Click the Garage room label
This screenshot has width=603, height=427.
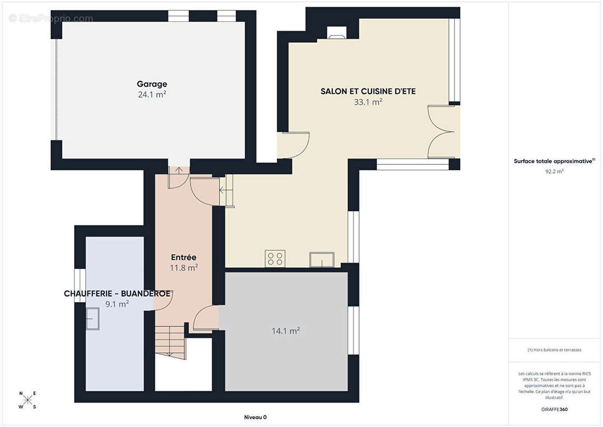pos(152,84)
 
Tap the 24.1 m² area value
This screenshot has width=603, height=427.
pos(152,94)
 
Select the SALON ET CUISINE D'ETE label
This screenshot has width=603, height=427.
pos(368,91)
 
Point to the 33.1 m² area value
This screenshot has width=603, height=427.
pos(368,101)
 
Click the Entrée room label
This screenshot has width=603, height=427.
pos(183,257)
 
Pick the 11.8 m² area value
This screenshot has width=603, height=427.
pos(184,267)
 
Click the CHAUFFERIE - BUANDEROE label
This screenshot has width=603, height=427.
pos(117,294)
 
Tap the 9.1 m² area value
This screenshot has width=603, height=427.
pos(117,304)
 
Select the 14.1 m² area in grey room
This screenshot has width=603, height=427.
pos(286,331)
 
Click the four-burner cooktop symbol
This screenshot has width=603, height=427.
pos(275,258)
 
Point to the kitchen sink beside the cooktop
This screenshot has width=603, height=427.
pos(322,259)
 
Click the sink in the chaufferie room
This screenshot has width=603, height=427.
pos(93,319)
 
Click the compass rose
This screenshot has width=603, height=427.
pos(28,400)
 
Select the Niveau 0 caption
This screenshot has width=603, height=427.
pos(255,417)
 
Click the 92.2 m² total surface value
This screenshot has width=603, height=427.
pos(554,171)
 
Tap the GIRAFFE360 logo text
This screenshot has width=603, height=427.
pos(554,409)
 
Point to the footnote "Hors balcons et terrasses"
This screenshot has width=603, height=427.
pos(554,350)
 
